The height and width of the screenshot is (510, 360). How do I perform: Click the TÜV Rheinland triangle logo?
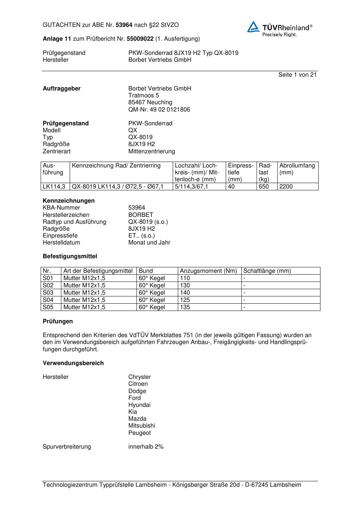[253, 27]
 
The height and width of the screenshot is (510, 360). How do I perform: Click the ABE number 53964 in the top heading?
[124, 25]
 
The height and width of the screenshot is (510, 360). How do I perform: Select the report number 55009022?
[140, 39]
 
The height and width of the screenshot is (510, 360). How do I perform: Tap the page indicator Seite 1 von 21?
[297, 75]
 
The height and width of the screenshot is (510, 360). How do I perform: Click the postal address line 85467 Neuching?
[150, 102]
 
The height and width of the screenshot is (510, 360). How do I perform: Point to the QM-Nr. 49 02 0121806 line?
[159, 110]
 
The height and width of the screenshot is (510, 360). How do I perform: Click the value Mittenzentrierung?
[151, 151]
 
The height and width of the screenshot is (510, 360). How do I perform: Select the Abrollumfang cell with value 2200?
[286, 187]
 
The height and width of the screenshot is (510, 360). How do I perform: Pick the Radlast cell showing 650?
[264, 187]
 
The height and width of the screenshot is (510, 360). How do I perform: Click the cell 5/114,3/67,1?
[192, 187]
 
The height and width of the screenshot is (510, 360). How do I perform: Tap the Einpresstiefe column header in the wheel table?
[241, 172]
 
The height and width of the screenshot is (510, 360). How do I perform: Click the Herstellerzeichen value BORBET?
[140, 215]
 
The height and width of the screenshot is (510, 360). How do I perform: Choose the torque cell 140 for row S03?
[185, 293]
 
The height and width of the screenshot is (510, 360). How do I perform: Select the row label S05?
[48, 307]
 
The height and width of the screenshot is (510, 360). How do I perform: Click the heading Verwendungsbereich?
[73, 363]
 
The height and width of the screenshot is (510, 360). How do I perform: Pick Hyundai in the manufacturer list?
[139, 405]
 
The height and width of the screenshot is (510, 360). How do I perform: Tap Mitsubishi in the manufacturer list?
[142, 426]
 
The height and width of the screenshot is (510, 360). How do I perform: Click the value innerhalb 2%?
[146, 447]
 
